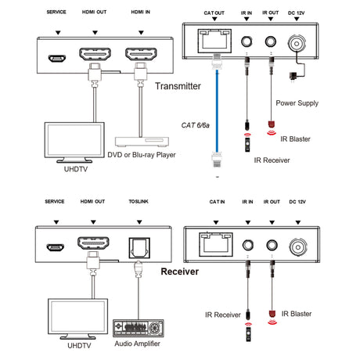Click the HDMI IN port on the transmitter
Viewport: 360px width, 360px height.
[142, 56]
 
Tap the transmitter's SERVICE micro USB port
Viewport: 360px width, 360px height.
[56, 58]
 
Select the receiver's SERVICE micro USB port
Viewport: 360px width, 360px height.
[56, 248]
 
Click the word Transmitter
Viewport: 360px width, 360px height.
[179, 88]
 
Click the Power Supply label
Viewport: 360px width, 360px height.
[298, 103]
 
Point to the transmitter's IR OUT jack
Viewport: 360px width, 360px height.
[272, 45]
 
